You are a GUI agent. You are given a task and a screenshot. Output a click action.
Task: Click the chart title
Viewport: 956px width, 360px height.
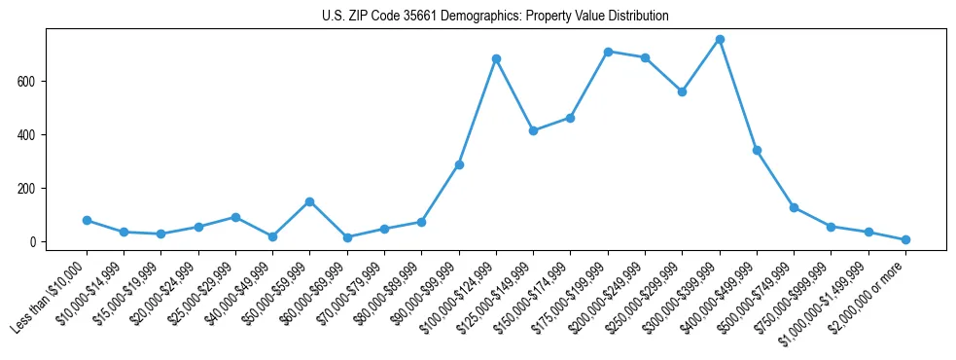pyautogui.click(x=495, y=17)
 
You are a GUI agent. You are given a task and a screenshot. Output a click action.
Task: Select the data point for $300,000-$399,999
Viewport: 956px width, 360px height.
pyautogui.click(x=720, y=40)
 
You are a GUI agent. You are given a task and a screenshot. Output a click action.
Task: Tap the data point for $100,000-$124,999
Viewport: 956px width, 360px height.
pyautogui.click(x=496, y=58)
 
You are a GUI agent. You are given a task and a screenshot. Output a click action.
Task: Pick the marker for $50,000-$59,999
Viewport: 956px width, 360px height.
pyautogui.click(x=309, y=201)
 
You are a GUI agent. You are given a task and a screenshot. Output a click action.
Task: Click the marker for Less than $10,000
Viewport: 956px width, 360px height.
pyautogui.click(x=87, y=220)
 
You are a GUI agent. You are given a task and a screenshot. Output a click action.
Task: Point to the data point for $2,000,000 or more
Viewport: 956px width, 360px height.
pyautogui.click(x=905, y=239)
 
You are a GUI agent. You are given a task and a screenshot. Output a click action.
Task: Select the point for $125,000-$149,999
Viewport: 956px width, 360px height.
pyautogui.click(x=533, y=130)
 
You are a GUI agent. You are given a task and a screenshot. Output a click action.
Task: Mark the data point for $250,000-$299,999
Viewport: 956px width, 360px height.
pyautogui.click(x=682, y=91)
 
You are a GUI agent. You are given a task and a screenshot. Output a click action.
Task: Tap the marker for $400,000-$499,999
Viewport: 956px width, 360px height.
pyautogui.click(x=757, y=151)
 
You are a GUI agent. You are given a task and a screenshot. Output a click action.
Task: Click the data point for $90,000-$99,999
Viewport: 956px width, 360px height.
pyautogui.click(x=459, y=164)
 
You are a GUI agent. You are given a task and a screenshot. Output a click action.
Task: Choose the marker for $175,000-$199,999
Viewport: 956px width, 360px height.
pyautogui.click(x=608, y=52)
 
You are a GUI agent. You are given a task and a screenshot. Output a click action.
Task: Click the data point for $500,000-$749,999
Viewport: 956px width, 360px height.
pyautogui.click(x=794, y=207)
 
